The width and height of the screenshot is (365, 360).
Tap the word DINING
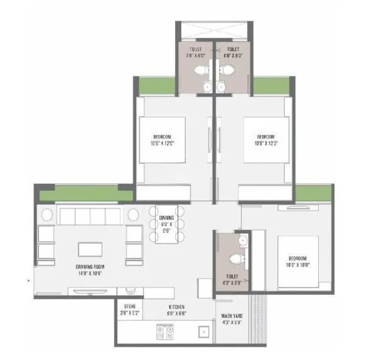pos(167,217)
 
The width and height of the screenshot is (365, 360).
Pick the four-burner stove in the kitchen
pos(164,333)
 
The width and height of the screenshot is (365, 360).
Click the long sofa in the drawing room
pos(89,216)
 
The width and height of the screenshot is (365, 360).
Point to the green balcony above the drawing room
pos(86,193)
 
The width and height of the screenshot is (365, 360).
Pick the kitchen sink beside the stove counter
pos(202,333)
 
